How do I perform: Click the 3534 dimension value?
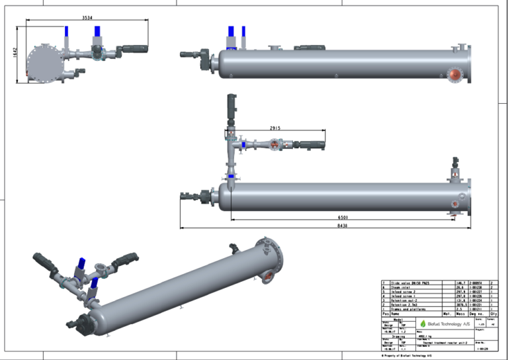pos(87,18)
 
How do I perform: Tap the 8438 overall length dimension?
pos(341,226)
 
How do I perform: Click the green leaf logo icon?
pos(423,324)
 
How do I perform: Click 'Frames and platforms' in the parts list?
pos(409,309)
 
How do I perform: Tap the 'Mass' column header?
pos(461,314)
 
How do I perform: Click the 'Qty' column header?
pos(493,314)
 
